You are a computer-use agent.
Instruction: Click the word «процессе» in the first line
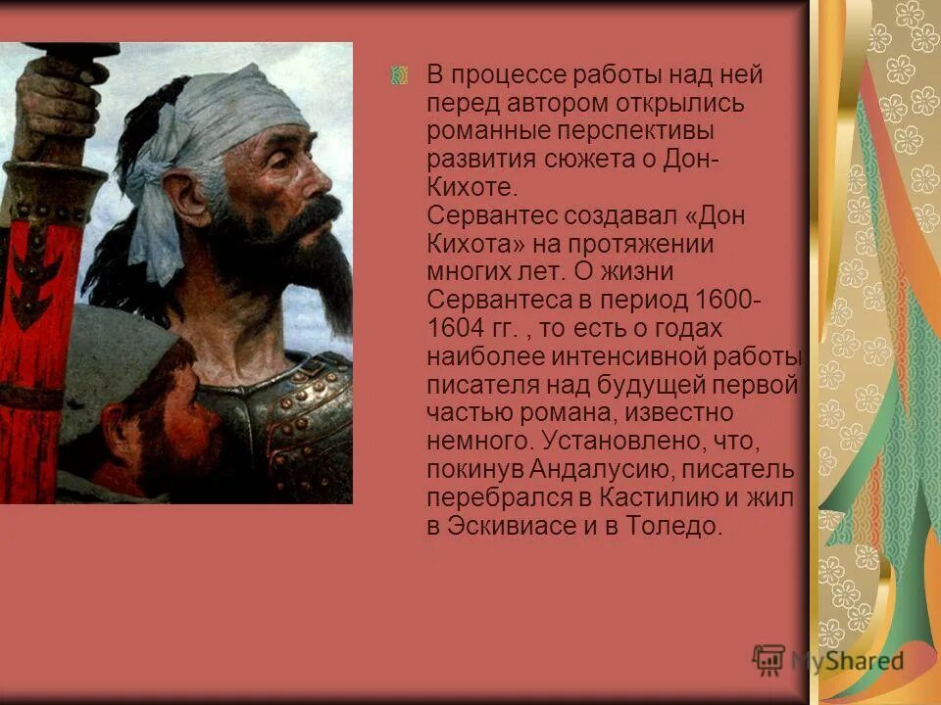point(513,75)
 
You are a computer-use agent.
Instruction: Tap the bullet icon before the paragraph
point(399,75)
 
